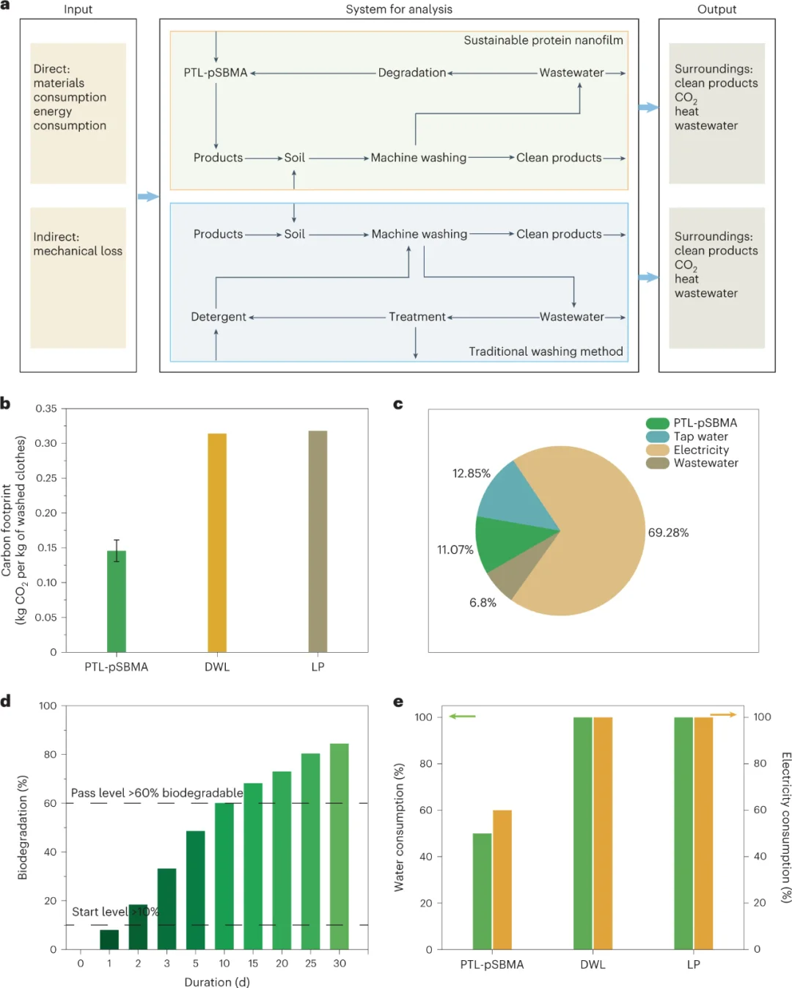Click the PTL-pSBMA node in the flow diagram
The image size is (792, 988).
[x=216, y=73]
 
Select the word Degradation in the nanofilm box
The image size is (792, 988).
[x=411, y=73]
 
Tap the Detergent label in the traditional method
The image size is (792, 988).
[x=219, y=317]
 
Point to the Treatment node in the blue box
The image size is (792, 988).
[x=417, y=317]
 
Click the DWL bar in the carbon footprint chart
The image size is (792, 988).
[x=217, y=542]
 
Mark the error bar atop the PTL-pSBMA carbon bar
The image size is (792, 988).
[x=117, y=550]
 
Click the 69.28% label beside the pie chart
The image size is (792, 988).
[x=668, y=533]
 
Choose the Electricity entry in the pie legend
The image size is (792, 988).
[x=701, y=450]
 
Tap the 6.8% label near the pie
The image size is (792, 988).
[x=483, y=602]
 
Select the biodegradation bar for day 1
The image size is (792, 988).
[x=109, y=939]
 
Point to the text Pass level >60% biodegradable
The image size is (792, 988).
[x=157, y=793]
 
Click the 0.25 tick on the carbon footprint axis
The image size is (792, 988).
[x=46, y=477]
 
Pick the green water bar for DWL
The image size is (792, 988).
[x=582, y=833]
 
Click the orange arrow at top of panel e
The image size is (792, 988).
[x=723, y=714]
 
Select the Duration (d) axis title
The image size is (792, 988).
[x=217, y=982]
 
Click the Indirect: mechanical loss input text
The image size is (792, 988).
[x=78, y=244]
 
